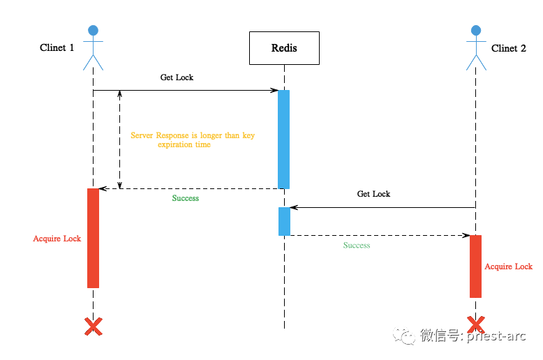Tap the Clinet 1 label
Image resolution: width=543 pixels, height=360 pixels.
[57, 47]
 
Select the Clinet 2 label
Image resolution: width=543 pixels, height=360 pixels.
[508, 48]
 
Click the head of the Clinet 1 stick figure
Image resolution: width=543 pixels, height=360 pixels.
[93, 31]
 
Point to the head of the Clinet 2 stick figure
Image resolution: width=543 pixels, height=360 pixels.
[476, 31]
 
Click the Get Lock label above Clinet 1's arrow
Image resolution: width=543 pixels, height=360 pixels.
[177, 77]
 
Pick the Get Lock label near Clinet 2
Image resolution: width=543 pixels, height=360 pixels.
[373, 194]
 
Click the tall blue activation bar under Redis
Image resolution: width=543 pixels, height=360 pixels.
[283, 140]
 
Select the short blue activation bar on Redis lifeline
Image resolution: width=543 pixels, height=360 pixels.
[284, 222]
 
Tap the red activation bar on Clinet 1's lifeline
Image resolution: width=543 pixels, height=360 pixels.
[93, 238]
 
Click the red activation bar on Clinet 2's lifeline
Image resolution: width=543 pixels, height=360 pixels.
[475, 267]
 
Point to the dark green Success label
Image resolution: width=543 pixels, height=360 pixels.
[186, 198]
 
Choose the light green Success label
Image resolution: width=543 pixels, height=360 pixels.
[357, 245]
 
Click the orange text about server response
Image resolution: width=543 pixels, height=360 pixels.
[193, 140]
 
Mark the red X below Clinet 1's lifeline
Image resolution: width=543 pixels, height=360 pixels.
[94, 327]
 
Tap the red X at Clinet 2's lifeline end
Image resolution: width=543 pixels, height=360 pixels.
[476, 324]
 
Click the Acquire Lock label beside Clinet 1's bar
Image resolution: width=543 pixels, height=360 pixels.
[57, 239]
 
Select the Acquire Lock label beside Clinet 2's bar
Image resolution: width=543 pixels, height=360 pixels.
[508, 267]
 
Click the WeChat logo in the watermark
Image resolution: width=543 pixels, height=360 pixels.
[404, 336]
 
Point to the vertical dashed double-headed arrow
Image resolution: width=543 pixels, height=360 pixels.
[120, 140]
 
